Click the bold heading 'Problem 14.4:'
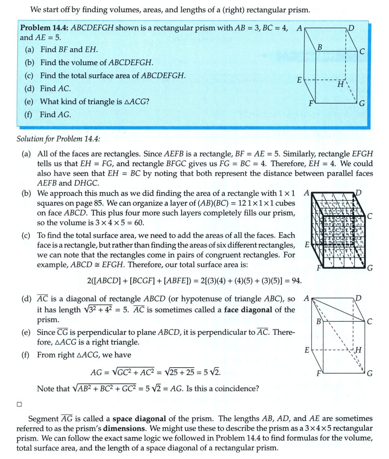[x=45, y=28]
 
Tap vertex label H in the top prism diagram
[x=340, y=85]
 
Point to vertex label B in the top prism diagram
[x=320, y=47]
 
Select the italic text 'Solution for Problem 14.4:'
[x=58, y=139]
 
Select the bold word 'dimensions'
[x=126, y=428]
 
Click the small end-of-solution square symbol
[x=19, y=404]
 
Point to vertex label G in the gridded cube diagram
[x=370, y=268]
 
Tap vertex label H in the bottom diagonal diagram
[x=358, y=350]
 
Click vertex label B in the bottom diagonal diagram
[x=319, y=321]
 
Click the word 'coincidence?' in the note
[x=239, y=388]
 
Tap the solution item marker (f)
[x=26, y=355]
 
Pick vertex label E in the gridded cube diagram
[x=307, y=246]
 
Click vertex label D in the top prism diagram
[x=351, y=28]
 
